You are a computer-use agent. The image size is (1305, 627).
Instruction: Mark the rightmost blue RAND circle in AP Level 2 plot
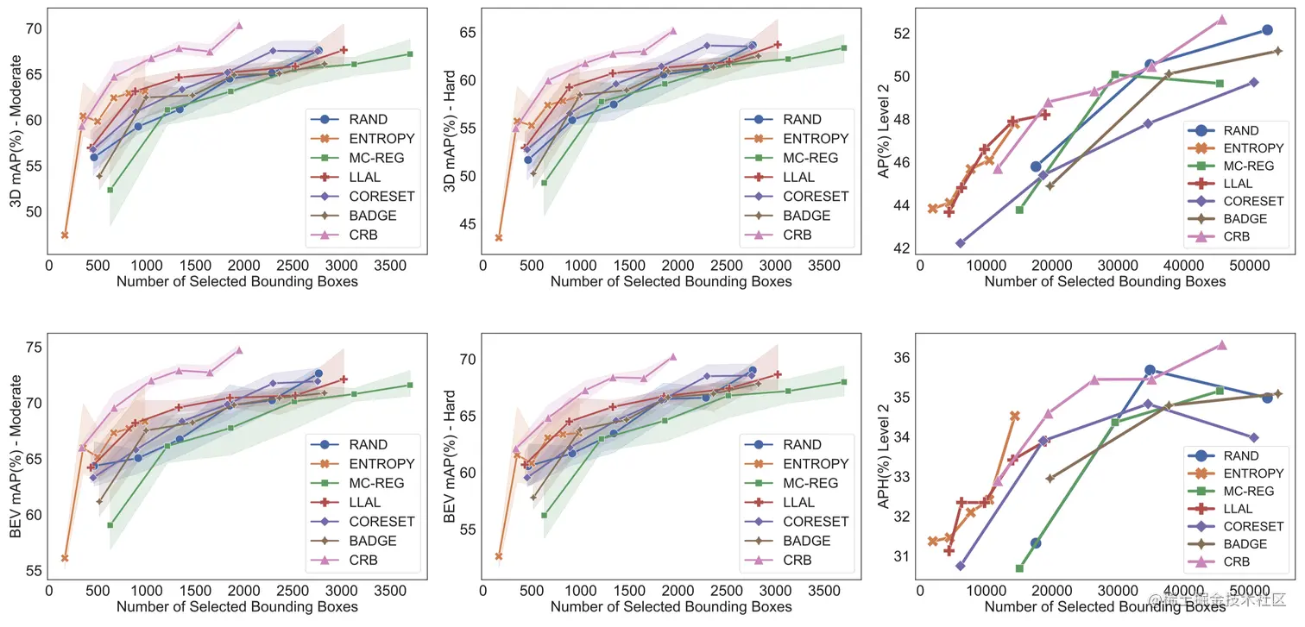(x=1267, y=30)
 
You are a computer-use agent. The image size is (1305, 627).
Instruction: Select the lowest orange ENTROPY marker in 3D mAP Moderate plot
(x=65, y=235)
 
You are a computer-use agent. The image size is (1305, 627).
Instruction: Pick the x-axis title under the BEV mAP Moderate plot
(x=236, y=607)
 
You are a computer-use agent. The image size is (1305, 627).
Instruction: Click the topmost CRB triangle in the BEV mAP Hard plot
(x=673, y=356)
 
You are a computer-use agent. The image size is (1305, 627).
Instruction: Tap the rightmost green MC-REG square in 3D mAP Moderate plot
(x=409, y=53)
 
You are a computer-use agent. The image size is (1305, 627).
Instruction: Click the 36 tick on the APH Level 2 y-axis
(x=902, y=358)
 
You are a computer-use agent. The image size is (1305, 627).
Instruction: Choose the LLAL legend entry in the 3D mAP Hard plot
(x=798, y=177)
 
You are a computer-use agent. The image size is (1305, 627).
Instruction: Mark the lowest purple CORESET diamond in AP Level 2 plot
(x=961, y=243)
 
